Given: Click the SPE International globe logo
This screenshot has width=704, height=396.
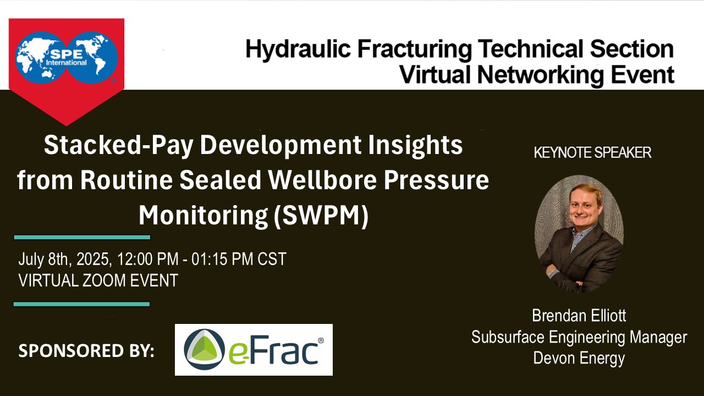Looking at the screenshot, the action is [x=67, y=58].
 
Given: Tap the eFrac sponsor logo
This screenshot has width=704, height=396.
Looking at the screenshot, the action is [x=254, y=350].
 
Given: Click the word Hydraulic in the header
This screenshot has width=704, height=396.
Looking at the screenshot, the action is [x=298, y=50].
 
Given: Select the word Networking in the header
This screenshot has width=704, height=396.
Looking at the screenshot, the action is [x=540, y=75].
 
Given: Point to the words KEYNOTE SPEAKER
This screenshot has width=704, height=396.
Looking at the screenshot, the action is [x=592, y=153].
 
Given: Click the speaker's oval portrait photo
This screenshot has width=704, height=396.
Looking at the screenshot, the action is [x=579, y=234].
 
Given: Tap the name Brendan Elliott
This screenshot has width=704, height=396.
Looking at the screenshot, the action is [x=579, y=316].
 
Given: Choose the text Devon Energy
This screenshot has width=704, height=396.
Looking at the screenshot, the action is [x=579, y=358].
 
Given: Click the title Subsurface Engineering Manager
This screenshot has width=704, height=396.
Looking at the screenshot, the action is [x=579, y=338].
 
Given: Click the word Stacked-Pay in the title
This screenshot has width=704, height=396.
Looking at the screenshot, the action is [x=118, y=145].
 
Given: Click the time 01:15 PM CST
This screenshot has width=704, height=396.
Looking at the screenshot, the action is [x=239, y=259].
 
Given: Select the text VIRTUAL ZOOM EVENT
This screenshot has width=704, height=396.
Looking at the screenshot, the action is [x=98, y=280].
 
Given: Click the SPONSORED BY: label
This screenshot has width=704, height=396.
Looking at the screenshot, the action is [x=86, y=351].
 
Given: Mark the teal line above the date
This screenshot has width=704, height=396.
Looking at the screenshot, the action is [x=82, y=237].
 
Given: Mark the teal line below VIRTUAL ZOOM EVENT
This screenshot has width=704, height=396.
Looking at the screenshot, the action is [x=82, y=304].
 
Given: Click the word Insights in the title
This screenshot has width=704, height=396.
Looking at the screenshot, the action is [x=415, y=145].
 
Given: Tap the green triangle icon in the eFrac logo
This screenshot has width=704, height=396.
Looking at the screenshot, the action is [x=204, y=349].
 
